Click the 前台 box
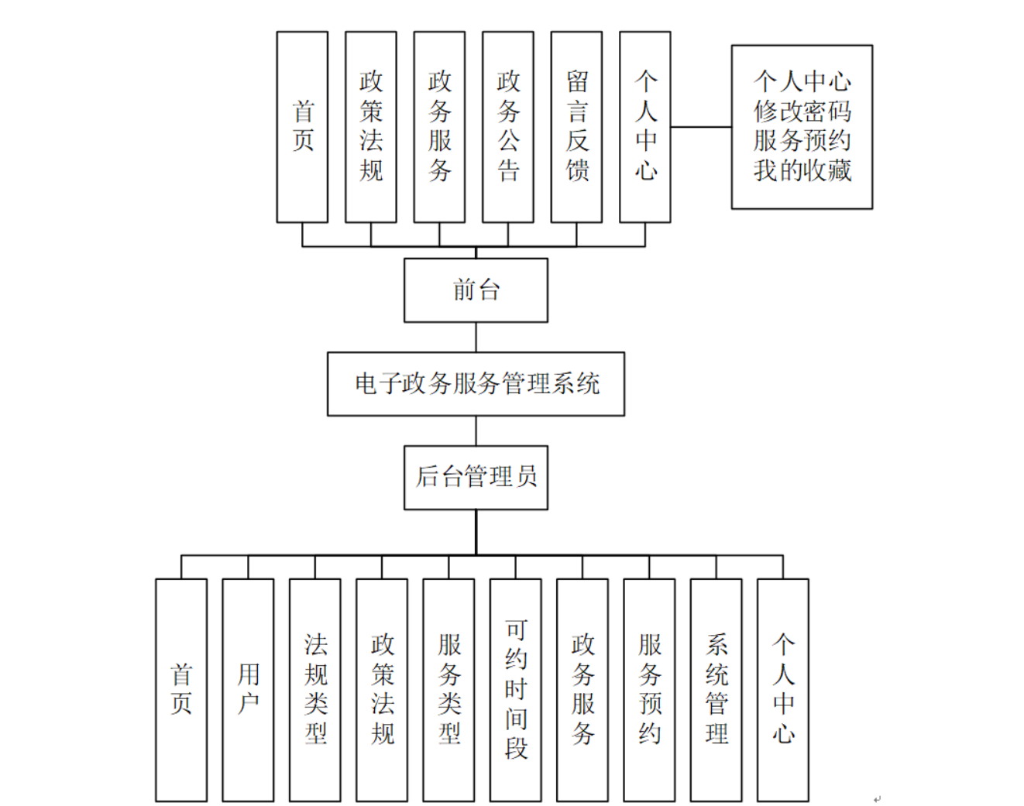tap(476, 290)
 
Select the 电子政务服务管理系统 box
tap(476, 384)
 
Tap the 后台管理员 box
tap(476, 477)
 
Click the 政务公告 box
tap(508, 127)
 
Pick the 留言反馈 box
tap(576, 127)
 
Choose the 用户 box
tap(248, 689)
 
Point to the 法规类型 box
tap(315, 689)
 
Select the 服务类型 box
tap(448, 689)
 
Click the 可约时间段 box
tap(516, 689)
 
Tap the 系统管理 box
tap(716, 689)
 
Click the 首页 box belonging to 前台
tap(302, 127)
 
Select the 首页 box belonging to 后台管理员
tap(181, 689)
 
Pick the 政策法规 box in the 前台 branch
tap(371, 127)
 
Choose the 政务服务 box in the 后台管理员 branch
tap(582, 689)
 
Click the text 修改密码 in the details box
tap(802, 111)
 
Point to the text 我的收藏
tap(802, 170)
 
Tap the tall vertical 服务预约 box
tap(649, 689)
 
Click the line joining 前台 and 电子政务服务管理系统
tap(476, 338)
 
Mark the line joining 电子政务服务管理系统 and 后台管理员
tap(476, 430)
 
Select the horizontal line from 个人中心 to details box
tap(701, 127)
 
